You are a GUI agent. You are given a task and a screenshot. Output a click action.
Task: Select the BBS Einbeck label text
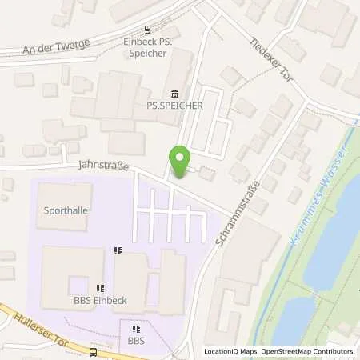tap(101, 301)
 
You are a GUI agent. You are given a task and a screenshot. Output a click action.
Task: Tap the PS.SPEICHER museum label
tap(175, 105)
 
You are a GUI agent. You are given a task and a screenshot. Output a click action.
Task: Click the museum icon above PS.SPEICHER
tap(175, 93)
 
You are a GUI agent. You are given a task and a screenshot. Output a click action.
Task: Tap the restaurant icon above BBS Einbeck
tap(101, 289)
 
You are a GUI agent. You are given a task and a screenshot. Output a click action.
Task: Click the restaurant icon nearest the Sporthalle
tap(118, 250)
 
